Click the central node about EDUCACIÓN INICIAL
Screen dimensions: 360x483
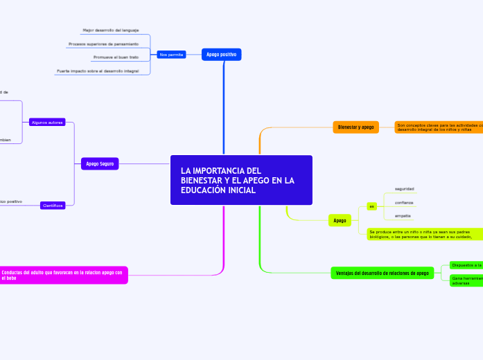click(x=241, y=180)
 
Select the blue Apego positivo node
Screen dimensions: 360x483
click(x=222, y=54)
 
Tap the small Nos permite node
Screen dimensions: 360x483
click(x=171, y=54)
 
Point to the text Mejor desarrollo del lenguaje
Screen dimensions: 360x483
click(x=111, y=30)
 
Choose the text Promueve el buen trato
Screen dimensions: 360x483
click(x=116, y=57)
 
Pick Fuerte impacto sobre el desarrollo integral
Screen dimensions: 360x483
click(x=98, y=71)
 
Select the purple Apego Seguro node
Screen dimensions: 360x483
click(x=100, y=164)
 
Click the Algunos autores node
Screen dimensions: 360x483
click(x=47, y=122)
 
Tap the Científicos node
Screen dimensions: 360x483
click(x=53, y=206)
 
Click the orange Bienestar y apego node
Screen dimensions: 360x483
click(x=356, y=127)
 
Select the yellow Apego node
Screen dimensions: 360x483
click(x=340, y=220)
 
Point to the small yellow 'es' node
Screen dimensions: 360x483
click(x=371, y=206)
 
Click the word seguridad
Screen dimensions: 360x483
click(x=404, y=188)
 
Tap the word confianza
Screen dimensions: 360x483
click(x=404, y=202)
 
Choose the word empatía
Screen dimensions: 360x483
click(x=403, y=216)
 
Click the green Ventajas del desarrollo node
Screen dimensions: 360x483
click(x=383, y=273)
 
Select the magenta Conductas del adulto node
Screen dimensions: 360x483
click(x=62, y=275)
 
